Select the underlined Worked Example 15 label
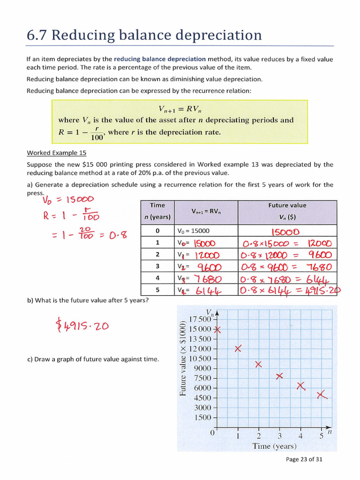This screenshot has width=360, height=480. coord(56,153)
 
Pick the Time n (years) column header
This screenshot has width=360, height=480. coord(157,211)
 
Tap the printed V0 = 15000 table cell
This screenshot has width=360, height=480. coord(194,231)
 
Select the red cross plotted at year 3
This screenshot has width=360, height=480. coord(279,376)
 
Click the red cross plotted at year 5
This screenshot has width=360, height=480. coord(322,396)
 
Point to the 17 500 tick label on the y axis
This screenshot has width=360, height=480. coord(200,319)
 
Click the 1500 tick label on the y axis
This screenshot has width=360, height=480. coord(203,417)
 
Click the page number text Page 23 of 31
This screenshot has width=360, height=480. coord(304,459)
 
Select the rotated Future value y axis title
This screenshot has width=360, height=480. coord(183,359)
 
